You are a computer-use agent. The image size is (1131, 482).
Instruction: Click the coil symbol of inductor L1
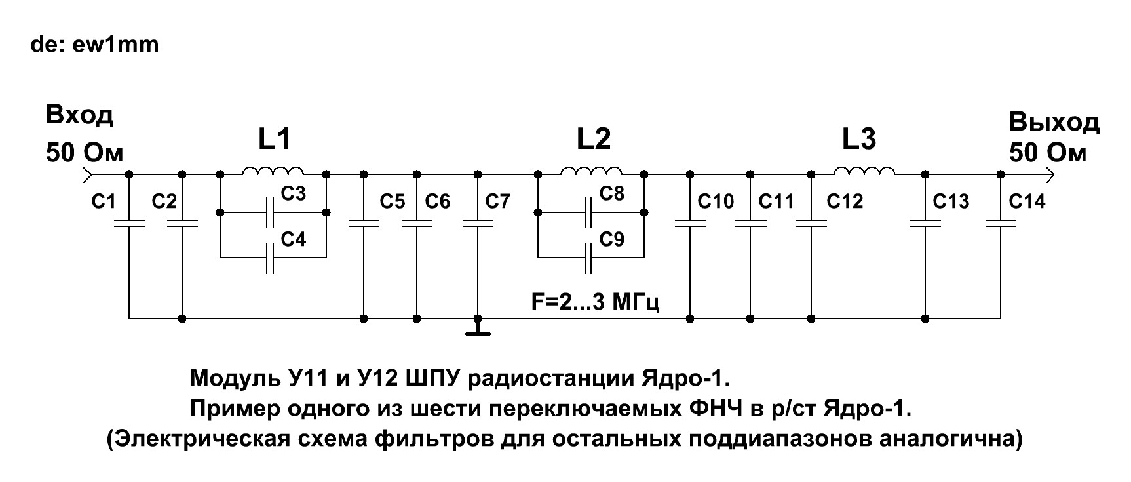pyautogui.click(x=273, y=172)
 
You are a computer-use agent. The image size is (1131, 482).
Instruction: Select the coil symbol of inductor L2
pyautogui.click(x=591, y=172)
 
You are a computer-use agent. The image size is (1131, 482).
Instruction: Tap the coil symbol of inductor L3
pyautogui.click(x=864, y=172)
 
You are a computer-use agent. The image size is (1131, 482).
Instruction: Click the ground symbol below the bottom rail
pyautogui.click(x=478, y=327)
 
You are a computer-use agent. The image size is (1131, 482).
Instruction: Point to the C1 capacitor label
pyautogui.click(x=103, y=201)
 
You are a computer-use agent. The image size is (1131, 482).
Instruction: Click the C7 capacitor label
pyautogui.click(x=497, y=201)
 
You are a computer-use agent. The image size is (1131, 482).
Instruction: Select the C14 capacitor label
pyautogui.click(x=1027, y=201)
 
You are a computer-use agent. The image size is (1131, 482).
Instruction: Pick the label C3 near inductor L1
pyautogui.click(x=293, y=194)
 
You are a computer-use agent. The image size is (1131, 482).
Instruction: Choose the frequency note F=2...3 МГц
pyautogui.click(x=594, y=302)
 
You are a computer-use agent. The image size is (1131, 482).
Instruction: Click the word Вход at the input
pyautogui.click(x=79, y=116)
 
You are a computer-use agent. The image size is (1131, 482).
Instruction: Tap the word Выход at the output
pyautogui.click(x=1054, y=123)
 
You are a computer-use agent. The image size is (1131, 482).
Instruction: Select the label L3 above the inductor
pyautogui.click(x=858, y=140)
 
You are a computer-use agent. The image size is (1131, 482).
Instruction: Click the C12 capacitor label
pyautogui.click(x=845, y=201)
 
